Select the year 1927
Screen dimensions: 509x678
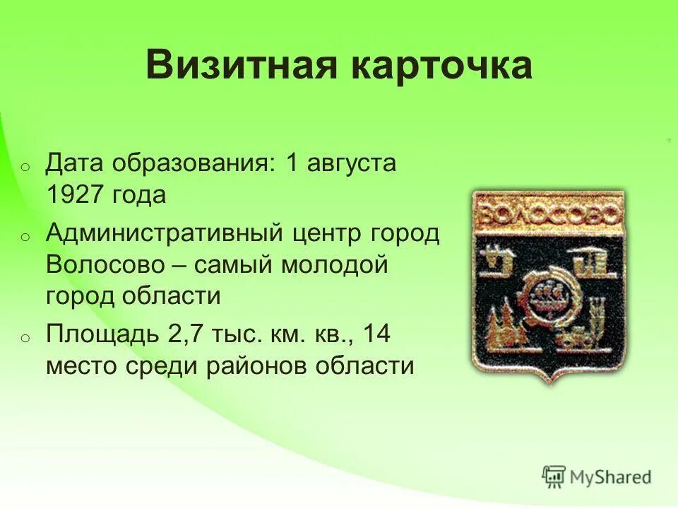click(x=76, y=195)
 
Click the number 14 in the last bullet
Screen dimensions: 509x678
click(x=376, y=334)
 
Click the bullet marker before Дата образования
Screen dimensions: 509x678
click(x=23, y=168)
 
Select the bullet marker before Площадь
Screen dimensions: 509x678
click(x=23, y=337)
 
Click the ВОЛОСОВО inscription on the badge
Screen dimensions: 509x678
click(x=547, y=214)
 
